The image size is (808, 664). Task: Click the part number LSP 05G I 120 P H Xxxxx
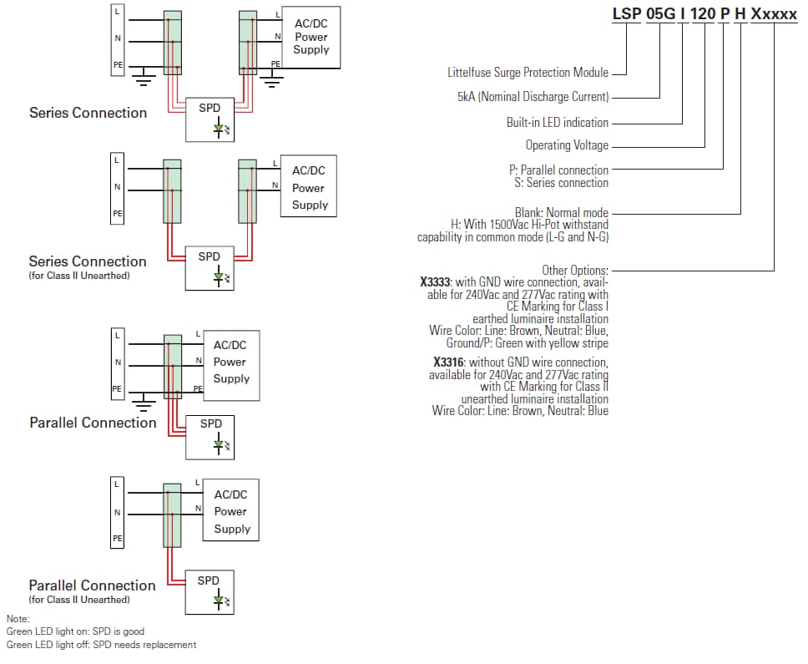click(704, 13)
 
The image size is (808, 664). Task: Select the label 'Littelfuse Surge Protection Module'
click(528, 73)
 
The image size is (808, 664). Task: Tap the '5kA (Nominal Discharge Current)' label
click(533, 97)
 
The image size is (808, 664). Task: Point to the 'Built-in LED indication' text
click(557, 122)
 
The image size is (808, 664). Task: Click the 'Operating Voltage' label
click(567, 145)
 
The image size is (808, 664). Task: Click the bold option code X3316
click(449, 362)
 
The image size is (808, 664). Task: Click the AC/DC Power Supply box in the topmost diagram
click(311, 37)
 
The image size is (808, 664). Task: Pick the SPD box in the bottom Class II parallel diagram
click(209, 591)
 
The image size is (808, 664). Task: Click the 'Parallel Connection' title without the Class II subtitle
click(93, 423)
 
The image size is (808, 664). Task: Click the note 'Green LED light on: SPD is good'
click(75, 631)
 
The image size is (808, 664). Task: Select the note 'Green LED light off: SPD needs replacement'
click(101, 645)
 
